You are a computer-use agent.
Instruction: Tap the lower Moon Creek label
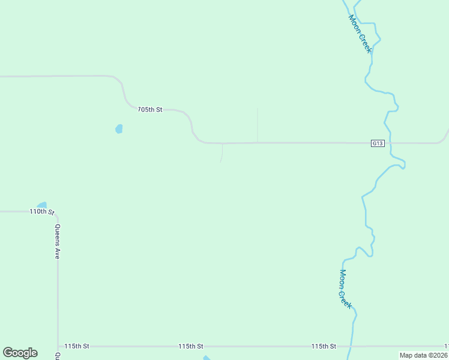pos(345,289)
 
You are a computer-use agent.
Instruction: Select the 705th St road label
pos(150,110)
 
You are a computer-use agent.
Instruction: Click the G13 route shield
pos(377,143)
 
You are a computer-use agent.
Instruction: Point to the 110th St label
pos(42,212)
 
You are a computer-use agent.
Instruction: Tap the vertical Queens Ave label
pos(58,241)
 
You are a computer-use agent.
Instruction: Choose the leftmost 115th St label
pos(77,346)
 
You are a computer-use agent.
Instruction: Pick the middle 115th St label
pos(190,346)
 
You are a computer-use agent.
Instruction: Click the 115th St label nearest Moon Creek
pos(324,346)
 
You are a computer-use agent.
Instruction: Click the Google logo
pos(20,353)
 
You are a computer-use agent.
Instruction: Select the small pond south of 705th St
pos(119,128)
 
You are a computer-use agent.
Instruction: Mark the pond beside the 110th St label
pos(41,205)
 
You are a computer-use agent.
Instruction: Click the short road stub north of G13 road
pos(258,125)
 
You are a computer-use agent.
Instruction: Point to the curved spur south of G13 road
pos(222,154)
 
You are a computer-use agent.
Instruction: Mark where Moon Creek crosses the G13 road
pos(390,143)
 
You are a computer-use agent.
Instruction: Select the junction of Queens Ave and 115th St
pos(58,346)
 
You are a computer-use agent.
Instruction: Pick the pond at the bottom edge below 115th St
pos(206,358)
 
